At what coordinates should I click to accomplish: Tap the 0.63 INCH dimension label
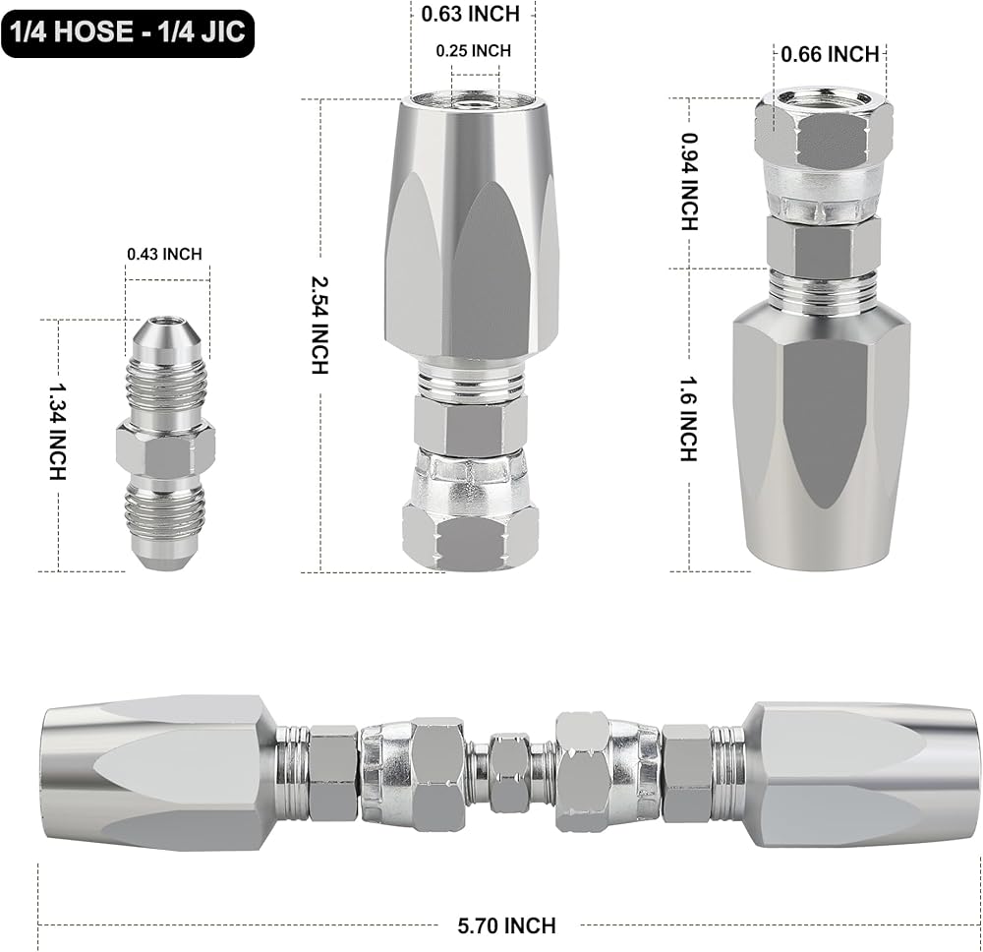(470, 14)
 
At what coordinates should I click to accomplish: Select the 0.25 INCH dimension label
(474, 51)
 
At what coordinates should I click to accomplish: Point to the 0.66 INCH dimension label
(830, 54)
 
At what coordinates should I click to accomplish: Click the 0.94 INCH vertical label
(689, 181)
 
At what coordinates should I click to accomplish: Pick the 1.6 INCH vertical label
(689, 419)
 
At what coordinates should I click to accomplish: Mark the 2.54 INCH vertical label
(319, 326)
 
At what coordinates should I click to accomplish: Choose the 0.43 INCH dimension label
(164, 254)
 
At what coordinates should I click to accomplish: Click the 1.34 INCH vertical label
(57, 432)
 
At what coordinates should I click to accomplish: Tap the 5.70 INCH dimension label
(506, 925)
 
